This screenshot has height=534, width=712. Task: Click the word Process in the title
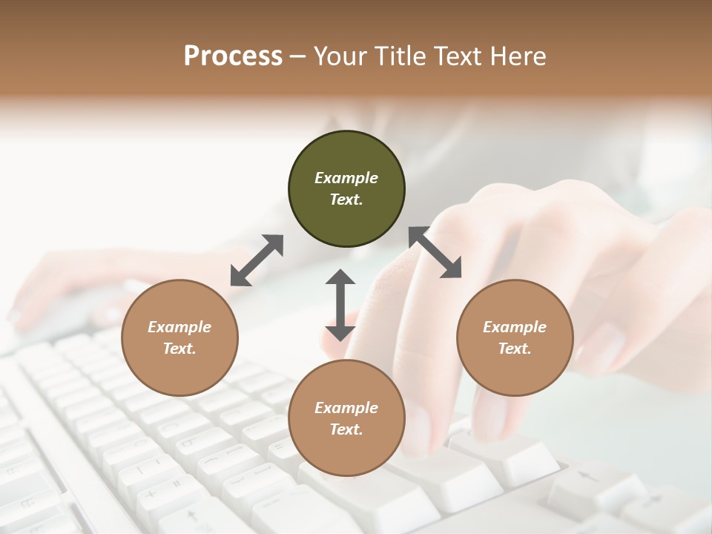pos(233,56)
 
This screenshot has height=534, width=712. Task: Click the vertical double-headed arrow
pos(340,305)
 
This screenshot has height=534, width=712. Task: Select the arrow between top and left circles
pos(257,260)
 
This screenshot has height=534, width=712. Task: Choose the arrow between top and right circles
pos(435,253)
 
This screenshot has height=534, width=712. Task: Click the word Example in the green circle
pos(346,178)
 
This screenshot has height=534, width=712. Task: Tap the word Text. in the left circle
pos(179,349)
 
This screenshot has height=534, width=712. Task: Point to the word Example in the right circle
pos(515,327)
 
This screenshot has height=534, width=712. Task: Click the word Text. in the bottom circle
pos(346,429)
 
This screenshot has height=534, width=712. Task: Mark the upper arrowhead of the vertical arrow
pos(340,277)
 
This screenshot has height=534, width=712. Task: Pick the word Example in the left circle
pos(179,327)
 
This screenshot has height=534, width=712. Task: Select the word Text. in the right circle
pos(515,349)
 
